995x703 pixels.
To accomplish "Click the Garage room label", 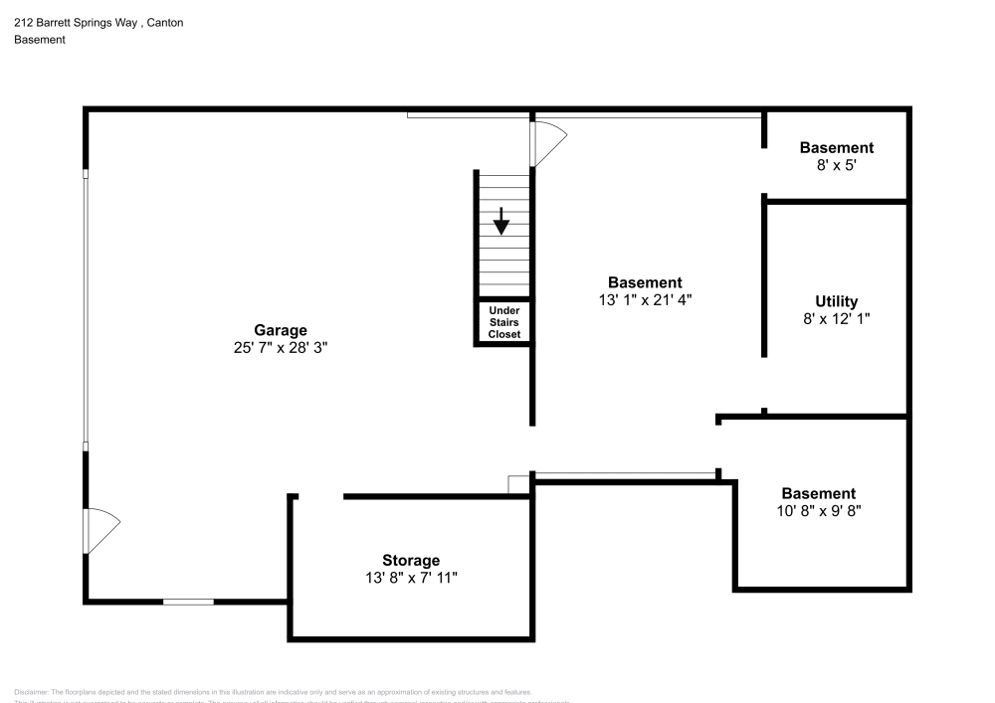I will pos(280,330).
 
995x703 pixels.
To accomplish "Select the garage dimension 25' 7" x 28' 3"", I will pos(280,348).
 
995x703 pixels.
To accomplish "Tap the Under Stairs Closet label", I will pos(503,322).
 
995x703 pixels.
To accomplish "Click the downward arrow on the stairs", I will pos(501,221).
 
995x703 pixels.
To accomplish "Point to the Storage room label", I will pos(411,560).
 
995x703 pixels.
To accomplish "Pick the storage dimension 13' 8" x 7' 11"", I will pos(411,578).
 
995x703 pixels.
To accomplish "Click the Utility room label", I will pos(836,301).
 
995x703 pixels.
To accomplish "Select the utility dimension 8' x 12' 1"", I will pos(836,319).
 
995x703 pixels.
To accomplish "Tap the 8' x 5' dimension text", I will pos(837,166).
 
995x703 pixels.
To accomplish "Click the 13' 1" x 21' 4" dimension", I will pos(645,300).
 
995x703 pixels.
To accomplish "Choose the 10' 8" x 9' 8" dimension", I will pos(818,511).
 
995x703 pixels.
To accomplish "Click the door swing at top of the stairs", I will pos(548,141).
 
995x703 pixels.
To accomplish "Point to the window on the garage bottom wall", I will pos(188,602).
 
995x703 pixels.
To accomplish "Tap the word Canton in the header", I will pos(164,22).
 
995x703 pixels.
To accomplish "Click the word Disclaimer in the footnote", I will pos(31,692).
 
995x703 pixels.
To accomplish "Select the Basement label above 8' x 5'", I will pos(837,148).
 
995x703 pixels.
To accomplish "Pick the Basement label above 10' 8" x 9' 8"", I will pos(818,493).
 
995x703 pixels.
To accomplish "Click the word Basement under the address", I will pos(40,40).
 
